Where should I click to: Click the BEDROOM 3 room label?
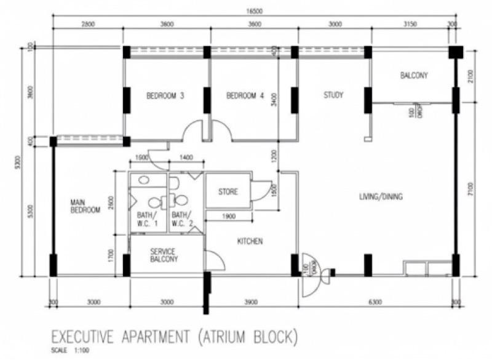point(165,96)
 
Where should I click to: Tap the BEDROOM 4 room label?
point(245,96)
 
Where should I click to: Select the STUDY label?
point(333,95)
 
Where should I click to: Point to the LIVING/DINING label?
point(381,197)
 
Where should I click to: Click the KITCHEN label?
point(250,241)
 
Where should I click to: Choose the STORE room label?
point(228,192)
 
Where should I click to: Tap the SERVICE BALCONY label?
point(163,255)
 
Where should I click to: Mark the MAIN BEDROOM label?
point(85,206)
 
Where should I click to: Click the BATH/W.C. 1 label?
point(146,219)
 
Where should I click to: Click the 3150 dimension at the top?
point(409,25)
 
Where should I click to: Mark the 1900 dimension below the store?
point(228,217)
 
